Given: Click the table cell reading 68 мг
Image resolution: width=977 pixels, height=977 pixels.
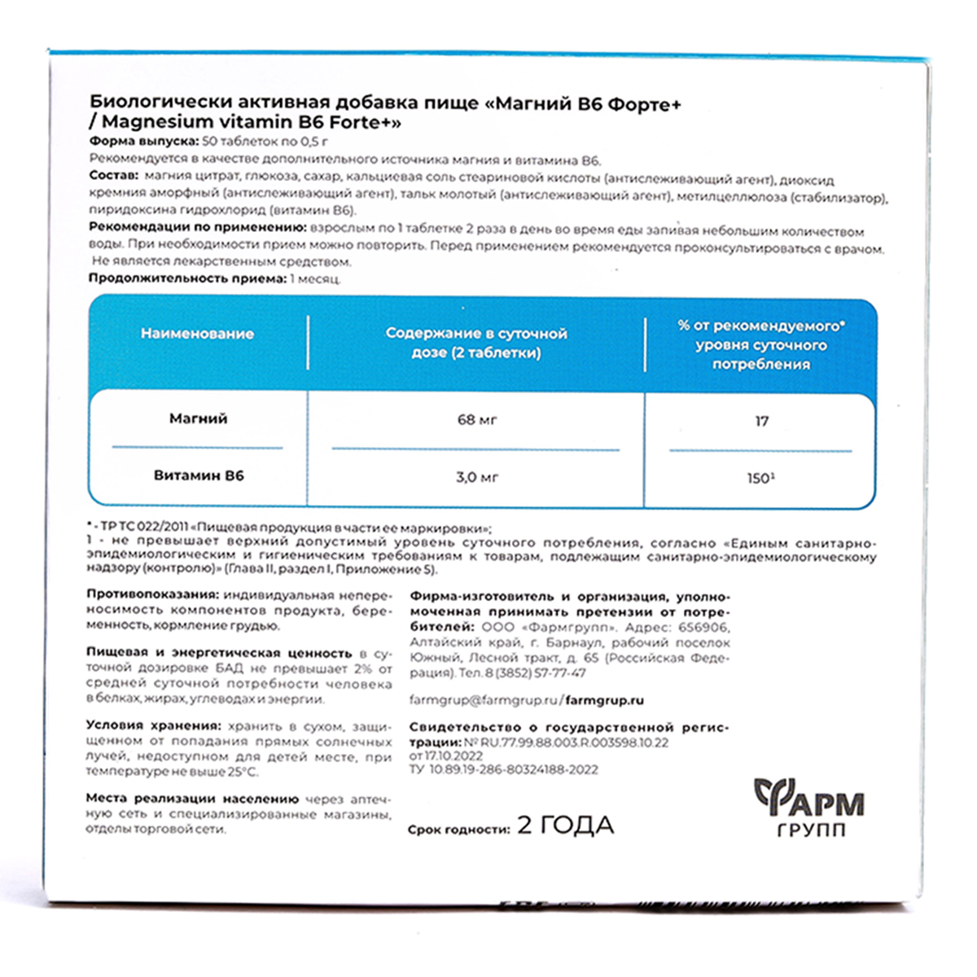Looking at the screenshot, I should (x=477, y=420).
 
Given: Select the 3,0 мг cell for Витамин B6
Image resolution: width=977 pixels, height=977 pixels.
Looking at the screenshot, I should (x=477, y=477).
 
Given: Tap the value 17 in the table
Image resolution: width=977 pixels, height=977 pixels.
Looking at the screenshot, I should (x=761, y=421).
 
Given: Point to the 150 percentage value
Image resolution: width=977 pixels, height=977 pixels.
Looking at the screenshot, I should (x=760, y=478).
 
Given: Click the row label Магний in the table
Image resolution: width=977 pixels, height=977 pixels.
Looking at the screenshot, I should (x=198, y=418).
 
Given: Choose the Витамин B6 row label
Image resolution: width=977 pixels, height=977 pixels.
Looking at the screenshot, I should (x=198, y=475).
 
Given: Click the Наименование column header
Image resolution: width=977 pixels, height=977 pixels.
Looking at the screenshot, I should (x=197, y=334).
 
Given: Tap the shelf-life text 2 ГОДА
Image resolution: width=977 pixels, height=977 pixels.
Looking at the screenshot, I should (x=566, y=826).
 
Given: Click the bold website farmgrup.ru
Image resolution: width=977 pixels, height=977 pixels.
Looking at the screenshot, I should (x=604, y=700).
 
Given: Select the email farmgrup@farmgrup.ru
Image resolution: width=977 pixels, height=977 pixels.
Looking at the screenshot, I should (x=484, y=700).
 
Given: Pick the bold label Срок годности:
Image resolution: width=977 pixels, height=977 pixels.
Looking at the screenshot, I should (x=459, y=829).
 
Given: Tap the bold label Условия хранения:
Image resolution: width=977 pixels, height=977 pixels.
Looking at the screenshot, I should (x=153, y=725).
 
